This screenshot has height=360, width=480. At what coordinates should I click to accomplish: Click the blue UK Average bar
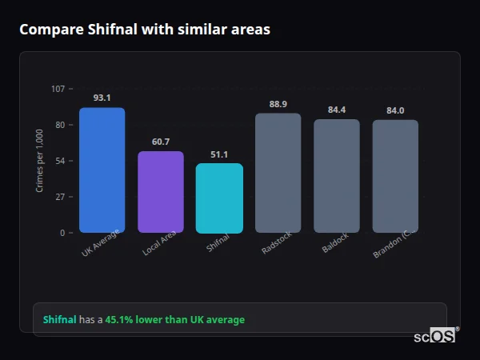[102, 170]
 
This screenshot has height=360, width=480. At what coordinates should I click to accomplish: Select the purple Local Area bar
[161, 192]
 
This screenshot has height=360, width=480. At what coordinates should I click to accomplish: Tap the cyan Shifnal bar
[219, 198]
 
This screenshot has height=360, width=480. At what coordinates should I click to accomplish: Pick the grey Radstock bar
[278, 173]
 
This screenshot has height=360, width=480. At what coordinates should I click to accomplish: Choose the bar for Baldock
[337, 176]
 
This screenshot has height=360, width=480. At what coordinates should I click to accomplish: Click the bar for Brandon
[395, 176]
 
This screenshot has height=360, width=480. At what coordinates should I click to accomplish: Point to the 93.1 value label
[102, 98]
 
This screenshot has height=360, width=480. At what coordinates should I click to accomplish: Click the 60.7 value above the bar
[161, 142]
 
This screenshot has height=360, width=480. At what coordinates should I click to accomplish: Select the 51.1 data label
[219, 154]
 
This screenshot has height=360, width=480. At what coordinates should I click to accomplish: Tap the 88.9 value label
[278, 104]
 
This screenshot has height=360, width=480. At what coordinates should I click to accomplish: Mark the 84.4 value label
[337, 110]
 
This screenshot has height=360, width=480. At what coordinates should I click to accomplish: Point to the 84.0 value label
[395, 110]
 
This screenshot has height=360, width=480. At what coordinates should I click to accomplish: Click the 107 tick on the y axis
[58, 89]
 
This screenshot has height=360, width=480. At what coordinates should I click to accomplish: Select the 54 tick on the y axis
[60, 161]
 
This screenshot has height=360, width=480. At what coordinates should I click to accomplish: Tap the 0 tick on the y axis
[62, 233]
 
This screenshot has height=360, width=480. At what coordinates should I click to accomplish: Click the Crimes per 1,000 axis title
[40, 160]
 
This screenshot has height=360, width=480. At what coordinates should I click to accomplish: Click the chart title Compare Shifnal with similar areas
[145, 30]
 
